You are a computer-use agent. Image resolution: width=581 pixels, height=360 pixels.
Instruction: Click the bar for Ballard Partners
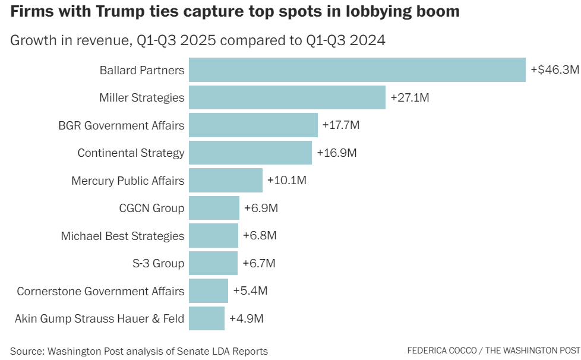point(356,70)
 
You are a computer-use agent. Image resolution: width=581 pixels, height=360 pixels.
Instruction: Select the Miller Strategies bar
point(287,97)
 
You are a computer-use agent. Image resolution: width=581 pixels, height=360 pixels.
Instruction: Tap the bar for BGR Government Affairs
point(253,125)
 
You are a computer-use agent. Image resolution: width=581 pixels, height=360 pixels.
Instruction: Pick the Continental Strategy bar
point(250,153)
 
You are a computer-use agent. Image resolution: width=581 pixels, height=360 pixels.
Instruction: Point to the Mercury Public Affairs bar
point(226,180)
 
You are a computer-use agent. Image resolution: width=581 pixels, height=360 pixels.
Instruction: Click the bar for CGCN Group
point(214,208)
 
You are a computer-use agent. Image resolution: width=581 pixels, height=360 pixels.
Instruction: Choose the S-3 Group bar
point(213,263)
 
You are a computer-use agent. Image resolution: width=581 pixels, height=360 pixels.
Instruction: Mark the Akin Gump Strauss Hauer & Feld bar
point(207,318)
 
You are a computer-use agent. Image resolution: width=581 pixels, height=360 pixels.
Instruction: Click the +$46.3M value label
point(554,70)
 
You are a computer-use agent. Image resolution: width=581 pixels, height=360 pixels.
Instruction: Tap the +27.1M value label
point(410,97)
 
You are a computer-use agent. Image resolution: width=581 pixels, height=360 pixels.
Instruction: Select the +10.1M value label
point(287,180)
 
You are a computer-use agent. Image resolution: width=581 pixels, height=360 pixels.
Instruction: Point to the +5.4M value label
point(250,291)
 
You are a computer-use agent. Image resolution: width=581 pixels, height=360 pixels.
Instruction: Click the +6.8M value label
point(260,236)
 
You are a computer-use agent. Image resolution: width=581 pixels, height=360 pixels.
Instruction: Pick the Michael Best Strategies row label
point(122,236)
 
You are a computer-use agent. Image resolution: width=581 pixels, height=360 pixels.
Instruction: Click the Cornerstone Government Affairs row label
point(100,291)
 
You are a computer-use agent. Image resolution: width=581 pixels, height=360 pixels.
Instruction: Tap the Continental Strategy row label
point(131,153)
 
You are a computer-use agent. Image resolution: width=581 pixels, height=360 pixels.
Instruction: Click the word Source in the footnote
point(27,350)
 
